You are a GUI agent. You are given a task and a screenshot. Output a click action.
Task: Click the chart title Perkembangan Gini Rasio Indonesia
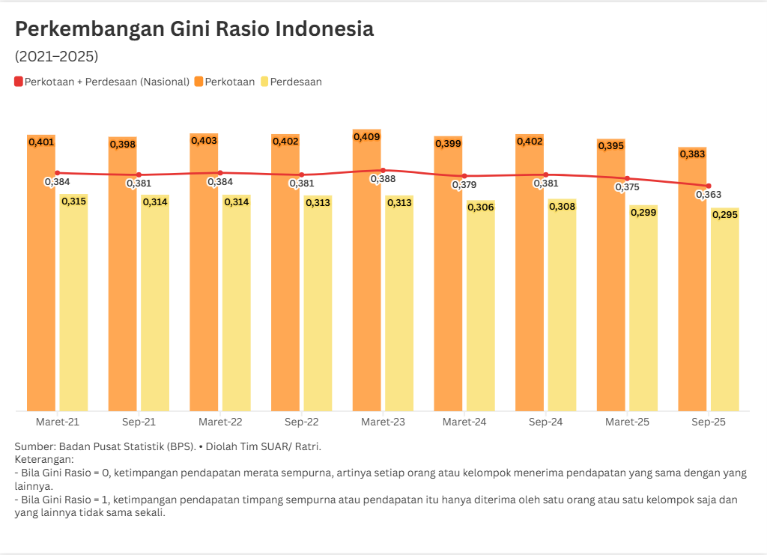tap(194, 29)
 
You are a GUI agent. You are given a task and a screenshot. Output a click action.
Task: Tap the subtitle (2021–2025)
tap(56, 56)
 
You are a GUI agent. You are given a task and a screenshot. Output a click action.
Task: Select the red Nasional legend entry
tap(102, 82)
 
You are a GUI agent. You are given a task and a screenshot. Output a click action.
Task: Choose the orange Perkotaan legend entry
tap(224, 82)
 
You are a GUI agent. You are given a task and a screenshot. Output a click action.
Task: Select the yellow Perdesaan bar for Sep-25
tap(725, 315)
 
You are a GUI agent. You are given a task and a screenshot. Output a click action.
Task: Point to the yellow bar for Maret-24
tap(480, 307)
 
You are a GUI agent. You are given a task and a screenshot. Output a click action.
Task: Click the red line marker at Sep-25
tap(709, 186)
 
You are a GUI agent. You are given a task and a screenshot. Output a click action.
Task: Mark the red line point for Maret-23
tap(383, 171)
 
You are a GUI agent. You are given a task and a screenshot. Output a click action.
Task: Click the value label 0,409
tap(367, 137)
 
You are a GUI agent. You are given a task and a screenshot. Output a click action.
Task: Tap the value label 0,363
tap(709, 195)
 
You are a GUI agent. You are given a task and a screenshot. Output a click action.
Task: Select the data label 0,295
tap(725, 215)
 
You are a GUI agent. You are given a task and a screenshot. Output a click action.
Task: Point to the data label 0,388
tap(383, 179)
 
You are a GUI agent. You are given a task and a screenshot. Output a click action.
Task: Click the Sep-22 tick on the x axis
tap(302, 422)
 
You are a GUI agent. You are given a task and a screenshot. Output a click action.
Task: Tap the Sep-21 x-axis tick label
tap(139, 422)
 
